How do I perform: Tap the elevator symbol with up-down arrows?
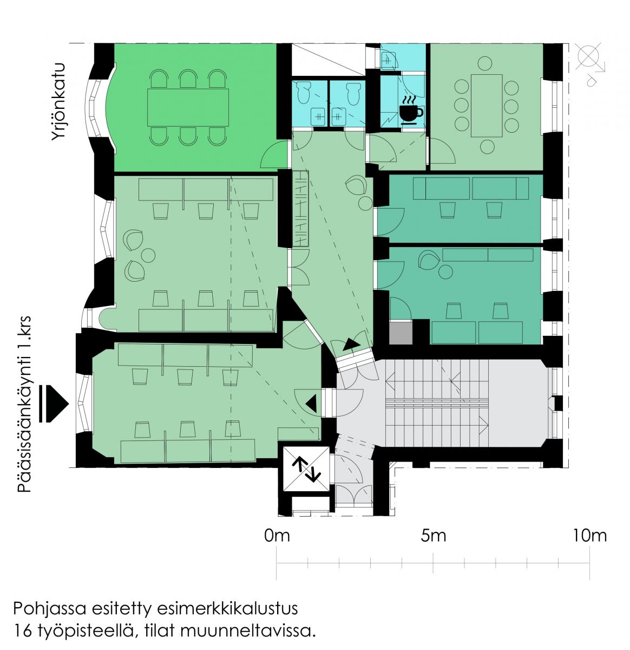[x=306, y=469]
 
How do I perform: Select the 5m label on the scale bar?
[x=434, y=536]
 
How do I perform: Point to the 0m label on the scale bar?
[x=277, y=536]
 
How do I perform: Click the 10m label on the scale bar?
[x=590, y=536]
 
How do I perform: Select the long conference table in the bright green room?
[x=188, y=108]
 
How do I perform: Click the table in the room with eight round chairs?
[x=487, y=106]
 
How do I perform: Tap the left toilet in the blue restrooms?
[x=304, y=93]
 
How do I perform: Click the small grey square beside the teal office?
[x=401, y=333]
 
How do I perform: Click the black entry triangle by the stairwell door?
[x=311, y=404]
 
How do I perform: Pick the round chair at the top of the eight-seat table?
[x=484, y=63]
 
